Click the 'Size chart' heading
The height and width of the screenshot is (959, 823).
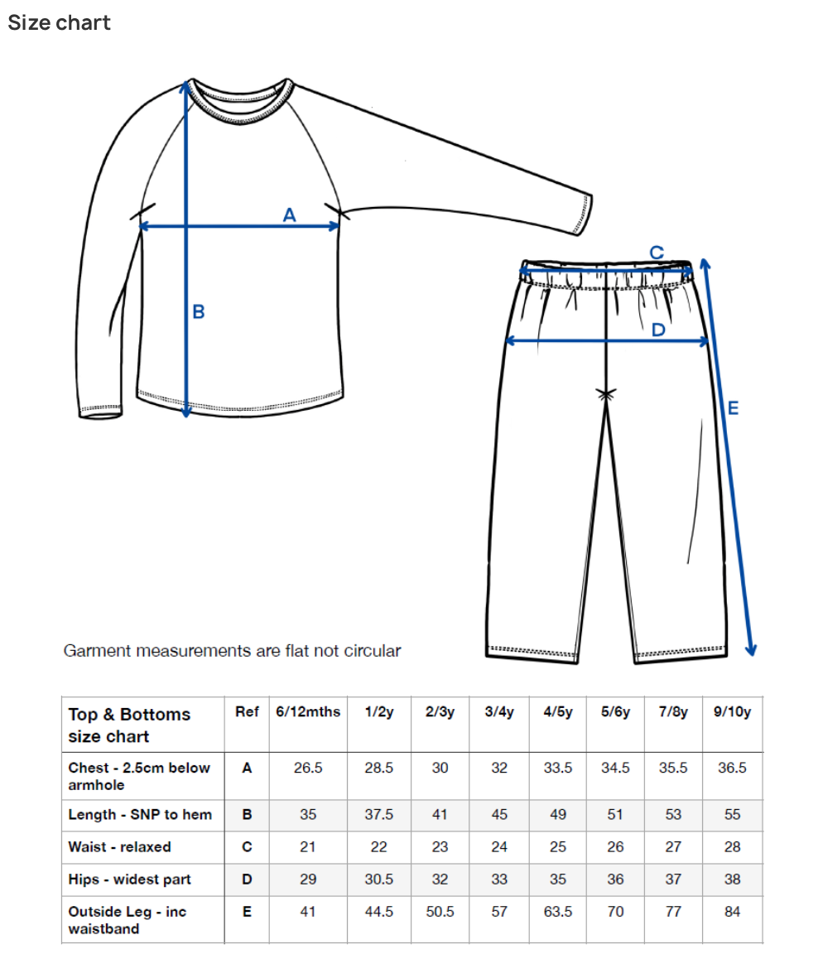click(59, 22)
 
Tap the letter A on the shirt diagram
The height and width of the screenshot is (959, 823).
click(289, 214)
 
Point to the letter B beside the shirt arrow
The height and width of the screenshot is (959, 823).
click(199, 312)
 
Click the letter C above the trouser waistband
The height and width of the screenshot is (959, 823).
click(656, 253)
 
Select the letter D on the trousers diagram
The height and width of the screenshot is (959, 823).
click(658, 330)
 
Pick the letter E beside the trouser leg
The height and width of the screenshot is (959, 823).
click(732, 407)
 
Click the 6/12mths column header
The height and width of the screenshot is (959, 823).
click(308, 712)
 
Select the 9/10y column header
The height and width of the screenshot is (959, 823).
click(732, 712)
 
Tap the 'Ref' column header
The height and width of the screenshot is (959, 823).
click(247, 712)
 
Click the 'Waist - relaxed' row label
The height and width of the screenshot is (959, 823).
click(120, 846)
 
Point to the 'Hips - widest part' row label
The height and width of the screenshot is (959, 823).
click(129, 879)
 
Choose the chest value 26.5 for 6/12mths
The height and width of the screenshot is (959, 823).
click(308, 768)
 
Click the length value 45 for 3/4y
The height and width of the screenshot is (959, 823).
click(499, 814)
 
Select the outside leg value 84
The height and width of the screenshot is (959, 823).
click(732, 912)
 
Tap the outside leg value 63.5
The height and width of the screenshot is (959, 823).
click(558, 912)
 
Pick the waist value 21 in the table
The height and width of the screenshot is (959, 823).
click(308, 846)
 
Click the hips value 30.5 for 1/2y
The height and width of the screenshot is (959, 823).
click(379, 879)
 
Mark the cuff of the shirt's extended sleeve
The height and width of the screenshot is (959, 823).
click(583, 214)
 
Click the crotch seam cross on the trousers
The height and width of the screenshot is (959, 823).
click(608, 394)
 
